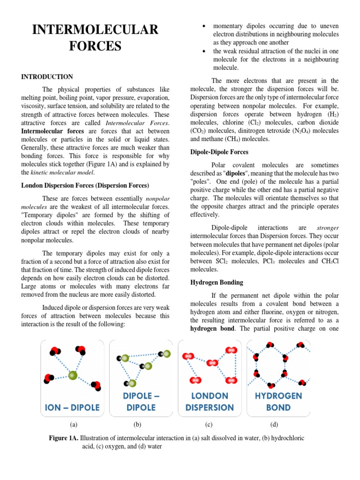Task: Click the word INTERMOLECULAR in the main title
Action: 95,30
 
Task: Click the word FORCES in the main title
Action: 95,46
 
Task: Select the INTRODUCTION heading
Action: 47,76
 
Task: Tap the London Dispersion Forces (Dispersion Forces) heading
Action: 85,185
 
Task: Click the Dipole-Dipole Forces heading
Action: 219,152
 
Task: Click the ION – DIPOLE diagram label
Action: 72,407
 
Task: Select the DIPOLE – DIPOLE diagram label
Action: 141,402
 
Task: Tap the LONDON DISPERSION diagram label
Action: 210,402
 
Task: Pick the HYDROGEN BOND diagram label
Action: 278,402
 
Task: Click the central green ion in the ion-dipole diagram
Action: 73,375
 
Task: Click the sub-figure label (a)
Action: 73,425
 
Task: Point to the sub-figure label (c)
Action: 209,425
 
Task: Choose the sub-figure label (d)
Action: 274,425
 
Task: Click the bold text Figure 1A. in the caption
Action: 64,438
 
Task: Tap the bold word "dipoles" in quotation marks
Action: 236,173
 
